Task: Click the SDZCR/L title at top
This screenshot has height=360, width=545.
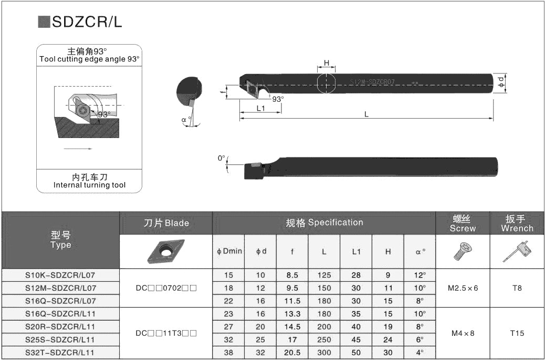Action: [87, 22]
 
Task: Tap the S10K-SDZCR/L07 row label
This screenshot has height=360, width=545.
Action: [60, 274]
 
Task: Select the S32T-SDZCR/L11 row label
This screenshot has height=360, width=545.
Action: [60, 353]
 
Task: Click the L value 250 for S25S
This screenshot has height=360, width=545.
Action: [324, 340]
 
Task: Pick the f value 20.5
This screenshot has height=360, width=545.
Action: [292, 353]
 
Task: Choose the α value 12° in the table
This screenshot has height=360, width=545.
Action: [420, 274]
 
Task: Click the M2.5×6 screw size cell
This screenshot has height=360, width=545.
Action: [463, 288]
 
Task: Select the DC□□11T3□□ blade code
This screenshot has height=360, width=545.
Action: [166, 333]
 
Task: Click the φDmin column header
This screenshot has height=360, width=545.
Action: [229, 251]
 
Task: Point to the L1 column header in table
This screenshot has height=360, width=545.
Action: [356, 251]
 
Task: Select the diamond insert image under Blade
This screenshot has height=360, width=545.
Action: [166, 251]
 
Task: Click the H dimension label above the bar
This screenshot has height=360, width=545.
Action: [326, 63]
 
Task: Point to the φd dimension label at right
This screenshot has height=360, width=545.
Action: [501, 83]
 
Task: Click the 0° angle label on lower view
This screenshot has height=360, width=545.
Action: [222, 157]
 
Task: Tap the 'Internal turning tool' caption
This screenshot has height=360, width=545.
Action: [89, 185]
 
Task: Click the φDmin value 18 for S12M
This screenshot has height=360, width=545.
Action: [229, 288]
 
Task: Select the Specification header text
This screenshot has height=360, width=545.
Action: [324, 223]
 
